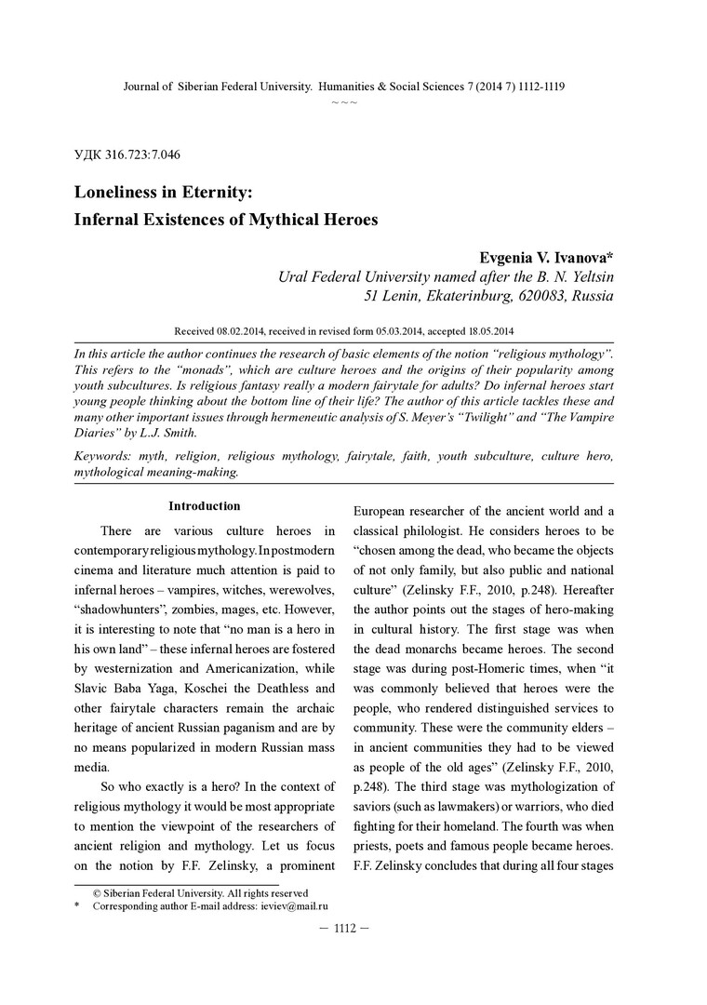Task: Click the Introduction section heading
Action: click(204, 506)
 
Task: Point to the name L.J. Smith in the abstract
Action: click(167, 433)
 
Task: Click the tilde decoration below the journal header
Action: click(344, 101)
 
